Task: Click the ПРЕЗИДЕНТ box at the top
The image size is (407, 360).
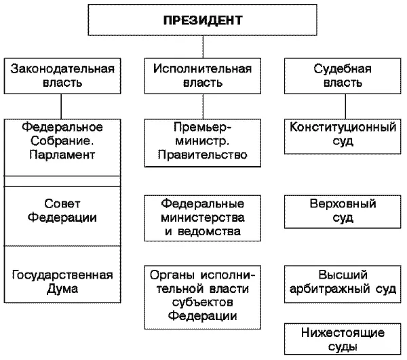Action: (x=203, y=20)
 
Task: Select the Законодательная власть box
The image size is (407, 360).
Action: (x=61, y=76)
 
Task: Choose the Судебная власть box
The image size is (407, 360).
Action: (x=342, y=76)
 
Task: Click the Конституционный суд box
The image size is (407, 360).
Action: (x=342, y=135)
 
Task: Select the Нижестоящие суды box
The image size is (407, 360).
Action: (x=342, y=340)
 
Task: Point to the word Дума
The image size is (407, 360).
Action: (x=62, y=289)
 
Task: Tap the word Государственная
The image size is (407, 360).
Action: (x=62, y=275)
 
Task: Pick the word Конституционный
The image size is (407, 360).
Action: (x=342, y=127)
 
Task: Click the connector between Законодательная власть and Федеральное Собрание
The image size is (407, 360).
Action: (x=62, y=106)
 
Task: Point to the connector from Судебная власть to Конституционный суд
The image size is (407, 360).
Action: (x=343, y=106)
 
